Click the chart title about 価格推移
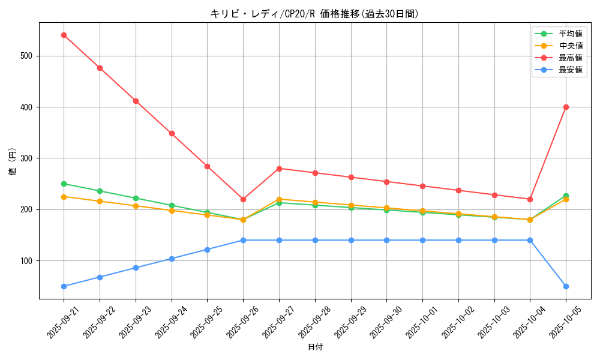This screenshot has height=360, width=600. click(314, 14)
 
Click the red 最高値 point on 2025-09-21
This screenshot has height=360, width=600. click(64, 35)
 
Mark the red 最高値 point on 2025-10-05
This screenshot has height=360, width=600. click(566, 107)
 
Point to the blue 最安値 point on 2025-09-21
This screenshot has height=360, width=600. click(64, 286)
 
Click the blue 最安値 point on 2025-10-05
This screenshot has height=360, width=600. click(566, 286)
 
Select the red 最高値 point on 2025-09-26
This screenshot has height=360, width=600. click(243, 199)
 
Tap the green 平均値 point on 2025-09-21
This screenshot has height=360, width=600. click(64, 184)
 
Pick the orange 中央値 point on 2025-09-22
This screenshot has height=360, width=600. click(100, 201)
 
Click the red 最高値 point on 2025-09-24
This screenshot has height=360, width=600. click(172, 133)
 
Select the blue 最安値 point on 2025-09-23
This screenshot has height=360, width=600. click(136, 268)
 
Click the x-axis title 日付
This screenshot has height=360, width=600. click(315, 347)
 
